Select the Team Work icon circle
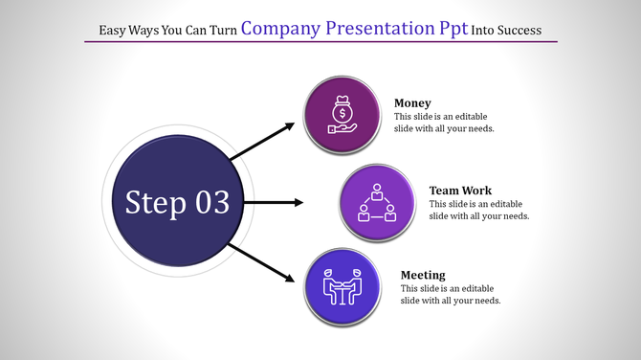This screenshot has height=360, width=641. [377, 202]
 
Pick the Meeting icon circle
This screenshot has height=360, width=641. [343, 287]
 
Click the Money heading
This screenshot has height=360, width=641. [412, 102]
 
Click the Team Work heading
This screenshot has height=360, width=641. [460, 191]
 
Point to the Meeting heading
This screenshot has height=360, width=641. [423, 275]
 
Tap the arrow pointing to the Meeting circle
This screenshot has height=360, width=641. [260, 261]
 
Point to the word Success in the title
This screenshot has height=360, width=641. [519, 31]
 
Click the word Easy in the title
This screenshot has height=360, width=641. [115, 31]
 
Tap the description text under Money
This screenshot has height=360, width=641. [444, 123]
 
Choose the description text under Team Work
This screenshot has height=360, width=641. [479, 210]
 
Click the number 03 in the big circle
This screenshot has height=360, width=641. [211, 202]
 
